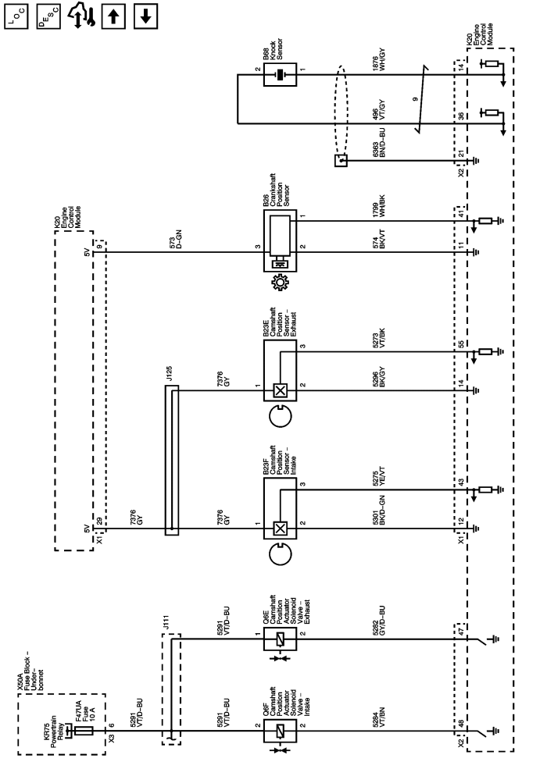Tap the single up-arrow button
pos(116,16)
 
